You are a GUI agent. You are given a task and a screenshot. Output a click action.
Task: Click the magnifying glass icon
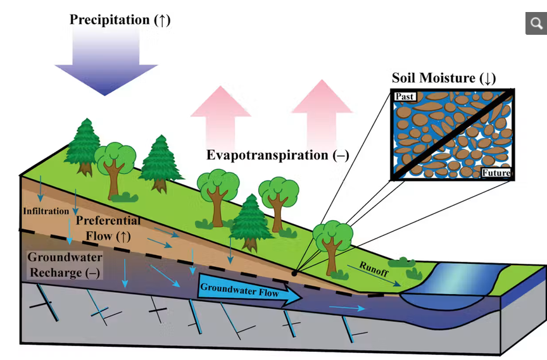pos(536,23)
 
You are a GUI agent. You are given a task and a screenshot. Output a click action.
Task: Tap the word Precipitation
pos(110,20)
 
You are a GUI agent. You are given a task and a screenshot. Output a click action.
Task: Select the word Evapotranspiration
pos(267,155)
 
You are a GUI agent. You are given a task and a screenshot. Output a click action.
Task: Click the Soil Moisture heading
pos(444,78)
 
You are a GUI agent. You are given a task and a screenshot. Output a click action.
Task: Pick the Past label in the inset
pos(405,96)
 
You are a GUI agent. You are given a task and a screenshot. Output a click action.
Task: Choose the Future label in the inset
pos(496,173)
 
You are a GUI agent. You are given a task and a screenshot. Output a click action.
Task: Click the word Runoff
pos(374,269)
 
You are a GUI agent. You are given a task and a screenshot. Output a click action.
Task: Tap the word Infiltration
pos(46,211)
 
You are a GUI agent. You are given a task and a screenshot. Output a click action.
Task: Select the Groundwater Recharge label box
pos(65,265)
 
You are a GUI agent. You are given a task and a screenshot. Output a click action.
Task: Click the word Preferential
pos(108,221)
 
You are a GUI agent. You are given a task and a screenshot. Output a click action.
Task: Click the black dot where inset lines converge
pos(294,273)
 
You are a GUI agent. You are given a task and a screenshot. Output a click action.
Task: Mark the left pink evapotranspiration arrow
pos(220,118)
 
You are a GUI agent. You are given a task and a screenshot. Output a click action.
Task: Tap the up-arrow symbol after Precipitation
pos(162,20)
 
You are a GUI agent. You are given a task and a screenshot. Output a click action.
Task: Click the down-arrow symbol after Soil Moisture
pos(487,78)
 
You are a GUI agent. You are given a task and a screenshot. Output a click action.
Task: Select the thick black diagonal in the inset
pos(453,134)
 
